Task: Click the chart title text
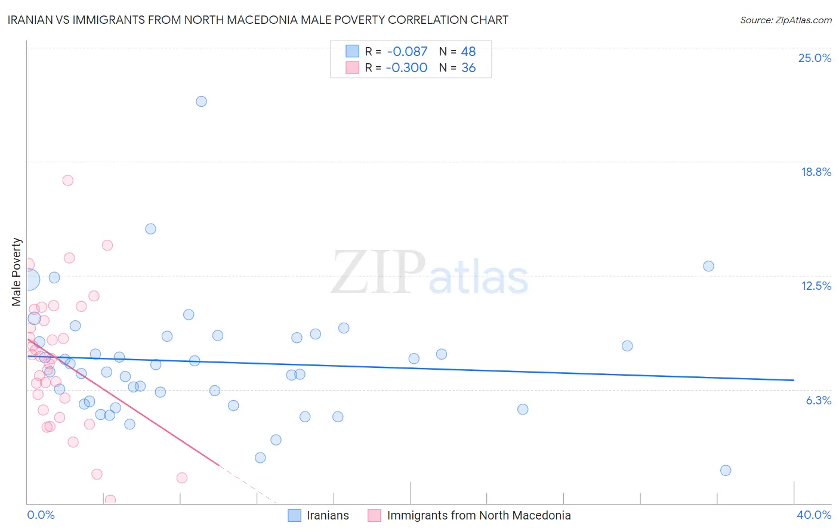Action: (x=258, y=20)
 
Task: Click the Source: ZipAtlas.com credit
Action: (x=785, y=20)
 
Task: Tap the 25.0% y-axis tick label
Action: (x=815, y=58)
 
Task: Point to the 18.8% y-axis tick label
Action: (x=816, y=172)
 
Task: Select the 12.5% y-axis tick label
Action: (x=816, y=286)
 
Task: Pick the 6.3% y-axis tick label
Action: (x=818, y=400)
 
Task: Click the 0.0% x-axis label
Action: (x=41, y=515)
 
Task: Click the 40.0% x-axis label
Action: (x=813, y=515)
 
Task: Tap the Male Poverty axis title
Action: (x=17, y=272)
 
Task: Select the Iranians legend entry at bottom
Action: (x=327, y=515)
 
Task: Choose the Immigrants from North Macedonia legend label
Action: (x=479, y=515)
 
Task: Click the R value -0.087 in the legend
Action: (x=406, y=51)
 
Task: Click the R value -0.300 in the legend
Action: (x=406, y=67)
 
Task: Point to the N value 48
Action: (x=468, y=51)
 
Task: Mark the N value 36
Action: (x=468, y=67)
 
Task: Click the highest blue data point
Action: (x=201, y=101)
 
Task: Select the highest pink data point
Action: (x=67, y=180)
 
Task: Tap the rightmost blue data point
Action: (x=726, y=470)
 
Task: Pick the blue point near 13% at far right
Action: (x=708, y=266)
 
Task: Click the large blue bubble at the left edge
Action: (x=29, y=279)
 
